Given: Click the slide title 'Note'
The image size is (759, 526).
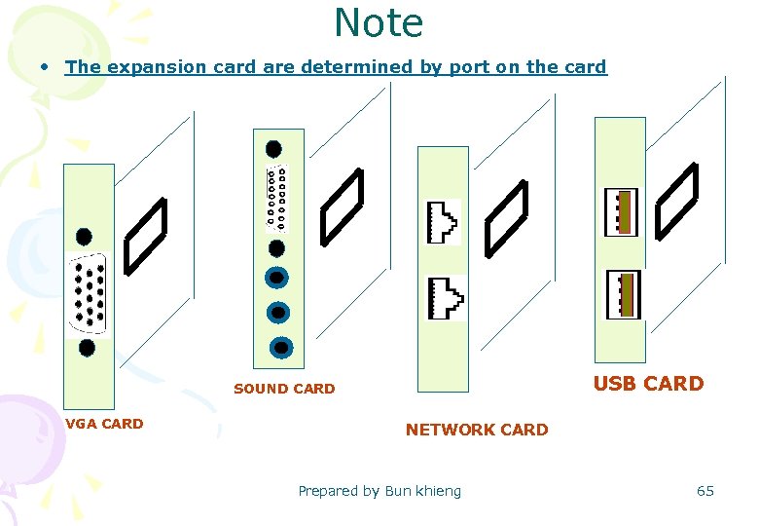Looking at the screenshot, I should pyautogui.click(x=379, y=23).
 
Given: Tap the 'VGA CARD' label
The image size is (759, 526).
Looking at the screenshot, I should pyautogui.click(x=104, y=424).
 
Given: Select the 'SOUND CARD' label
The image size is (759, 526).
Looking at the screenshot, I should pyautogui.click(x=284, y=389).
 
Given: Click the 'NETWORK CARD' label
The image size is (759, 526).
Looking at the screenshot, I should pyautogui.click(x=477, y=430).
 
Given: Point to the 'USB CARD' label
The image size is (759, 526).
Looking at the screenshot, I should pyautogui.click(x=648, y=384).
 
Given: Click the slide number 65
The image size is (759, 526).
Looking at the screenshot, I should pyautogui.click(x=705, y=491).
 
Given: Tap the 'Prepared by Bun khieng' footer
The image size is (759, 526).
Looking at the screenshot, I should pyautogui.click(x=379, y=491).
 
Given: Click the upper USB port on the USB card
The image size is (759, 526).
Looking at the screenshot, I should pyautogui.click(x=622, y=212).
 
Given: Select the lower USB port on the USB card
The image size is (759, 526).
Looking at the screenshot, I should pyautogui.click(x=622, y=295).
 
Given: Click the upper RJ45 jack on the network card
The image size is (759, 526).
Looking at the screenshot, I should pyautogui.click(x=444, y=221).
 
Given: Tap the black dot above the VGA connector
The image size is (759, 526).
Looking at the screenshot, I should pyautogui.click(x=85, y=237).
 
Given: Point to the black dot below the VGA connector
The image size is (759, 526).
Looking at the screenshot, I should pyautogui.click(x=87, y=347).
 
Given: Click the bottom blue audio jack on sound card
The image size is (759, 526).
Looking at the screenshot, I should pyautogui.click(x=280, y=346).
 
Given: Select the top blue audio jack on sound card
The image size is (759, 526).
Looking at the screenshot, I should pyautogui.click(x=278, y=278).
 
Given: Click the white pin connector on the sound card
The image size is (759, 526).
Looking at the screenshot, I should pyautogui.click(x=276, y=197).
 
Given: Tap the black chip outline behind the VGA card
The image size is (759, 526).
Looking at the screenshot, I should pyautogui.click(x=146, y=234).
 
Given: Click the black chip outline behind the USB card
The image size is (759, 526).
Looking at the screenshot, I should pyautogui.click(x=677, y=201).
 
